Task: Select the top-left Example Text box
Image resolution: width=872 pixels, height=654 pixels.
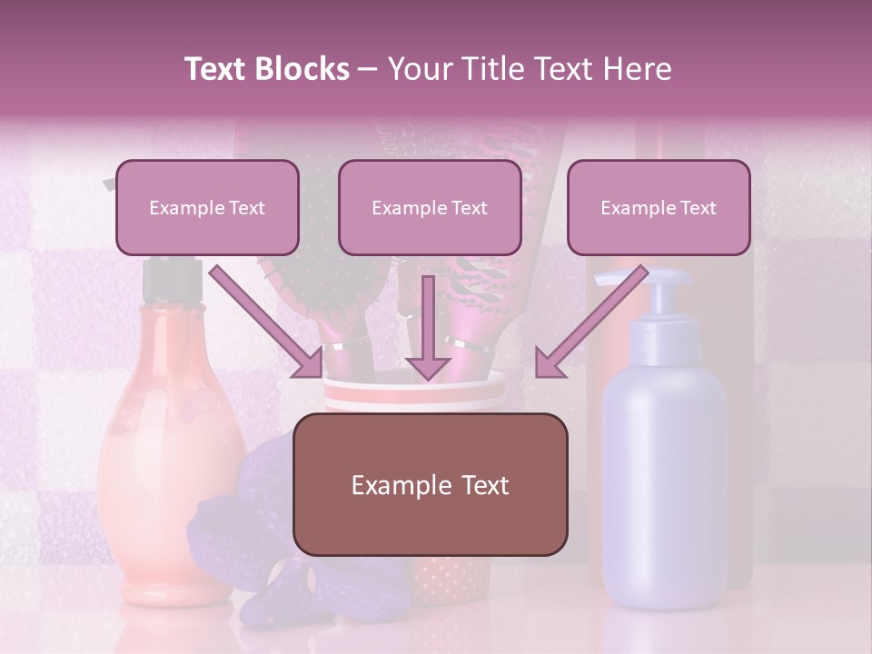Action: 207,207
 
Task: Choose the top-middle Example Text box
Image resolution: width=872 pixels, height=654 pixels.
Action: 430,207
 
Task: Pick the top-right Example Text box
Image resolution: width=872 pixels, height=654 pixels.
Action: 659,207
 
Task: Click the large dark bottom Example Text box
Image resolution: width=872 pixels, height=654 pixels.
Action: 430,485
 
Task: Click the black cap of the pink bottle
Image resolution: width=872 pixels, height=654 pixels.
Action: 173,282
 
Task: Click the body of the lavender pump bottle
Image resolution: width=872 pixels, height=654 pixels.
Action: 664,472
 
